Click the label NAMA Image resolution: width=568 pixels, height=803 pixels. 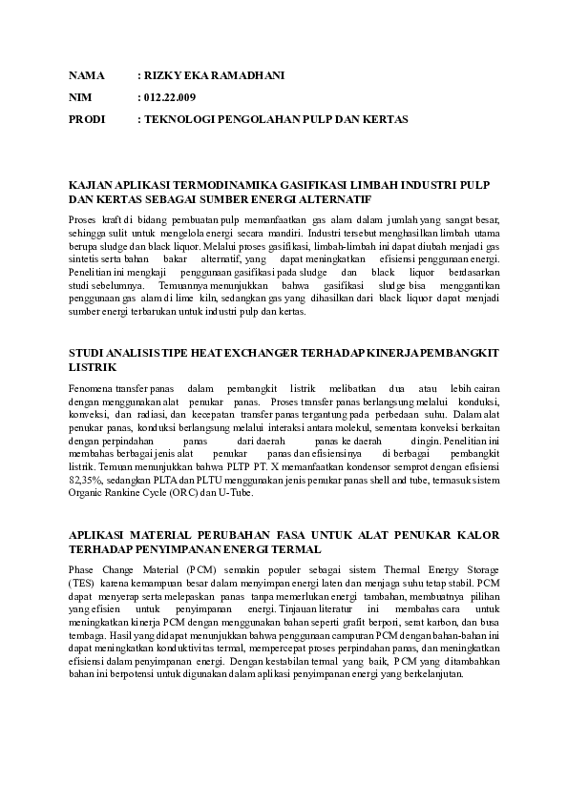pos(85,75)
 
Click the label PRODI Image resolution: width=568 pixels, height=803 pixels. pos(87,119)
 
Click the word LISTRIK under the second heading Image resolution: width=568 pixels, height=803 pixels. pos(93,366)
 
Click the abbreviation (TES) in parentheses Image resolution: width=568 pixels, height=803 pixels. pos(81,582)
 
